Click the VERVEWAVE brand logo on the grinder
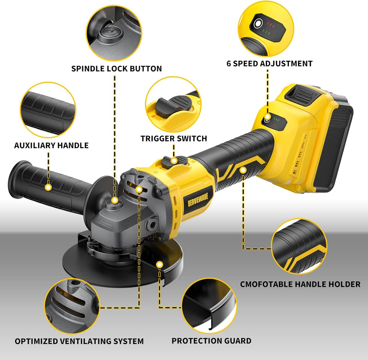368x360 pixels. point(198,199)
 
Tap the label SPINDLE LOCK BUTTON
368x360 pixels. point(117,69)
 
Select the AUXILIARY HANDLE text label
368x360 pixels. point(51,145)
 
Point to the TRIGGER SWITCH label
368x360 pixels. point(174,138)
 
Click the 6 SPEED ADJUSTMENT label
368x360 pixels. point(270,64)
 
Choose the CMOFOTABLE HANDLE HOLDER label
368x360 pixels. point(300,284)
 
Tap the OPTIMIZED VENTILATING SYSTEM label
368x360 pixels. point(79,341)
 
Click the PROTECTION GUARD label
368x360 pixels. point(211,341)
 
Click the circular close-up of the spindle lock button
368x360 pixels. point(114,33)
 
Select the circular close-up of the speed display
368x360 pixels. point(266,29)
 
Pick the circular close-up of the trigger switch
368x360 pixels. point(174,105)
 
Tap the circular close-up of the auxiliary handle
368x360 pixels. point(48,110)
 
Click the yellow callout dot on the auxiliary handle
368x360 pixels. point(49,187)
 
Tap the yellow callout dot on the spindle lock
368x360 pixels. point(115,200)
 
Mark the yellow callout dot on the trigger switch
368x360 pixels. point(174,161)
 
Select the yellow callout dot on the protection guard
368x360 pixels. point(160,265)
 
